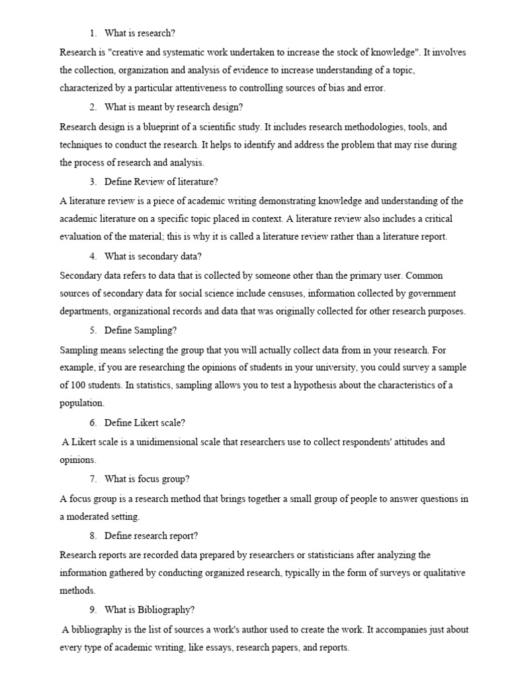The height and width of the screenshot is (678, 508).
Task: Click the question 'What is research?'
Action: click(140, 32)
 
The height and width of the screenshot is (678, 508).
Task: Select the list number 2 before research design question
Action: click(93, 107)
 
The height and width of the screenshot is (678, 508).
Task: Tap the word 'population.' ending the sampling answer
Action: click(82, 403)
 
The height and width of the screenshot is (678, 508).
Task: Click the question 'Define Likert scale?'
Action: click(144, 422)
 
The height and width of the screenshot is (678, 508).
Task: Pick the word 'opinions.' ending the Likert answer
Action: click(77, 459)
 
